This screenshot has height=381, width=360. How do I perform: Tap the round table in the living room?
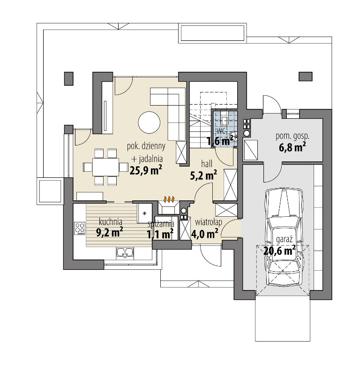pos(149,122)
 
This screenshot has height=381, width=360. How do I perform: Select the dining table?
pos(106,167)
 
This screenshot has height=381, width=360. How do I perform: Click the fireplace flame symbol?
pos(169,199)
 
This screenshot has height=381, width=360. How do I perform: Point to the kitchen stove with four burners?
pos(80,229)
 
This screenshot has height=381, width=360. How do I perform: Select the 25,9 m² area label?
pos(146,170)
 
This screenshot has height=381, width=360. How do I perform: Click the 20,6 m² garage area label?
pos(279,250)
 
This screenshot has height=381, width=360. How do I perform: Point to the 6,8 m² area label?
pos(292,147)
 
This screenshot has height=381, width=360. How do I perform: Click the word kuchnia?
pos(111,222)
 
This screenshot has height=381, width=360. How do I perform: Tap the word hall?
pos(207,164)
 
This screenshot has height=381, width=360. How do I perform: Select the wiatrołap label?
pos(209,222)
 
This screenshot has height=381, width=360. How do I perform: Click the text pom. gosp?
pos(292,137)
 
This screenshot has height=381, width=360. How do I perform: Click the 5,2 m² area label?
pos(203,175)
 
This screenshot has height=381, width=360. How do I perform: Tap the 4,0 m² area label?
pos(205,234)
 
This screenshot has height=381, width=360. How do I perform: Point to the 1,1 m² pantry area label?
pos(160,235)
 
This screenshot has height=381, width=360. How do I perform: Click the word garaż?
pos(284,240)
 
